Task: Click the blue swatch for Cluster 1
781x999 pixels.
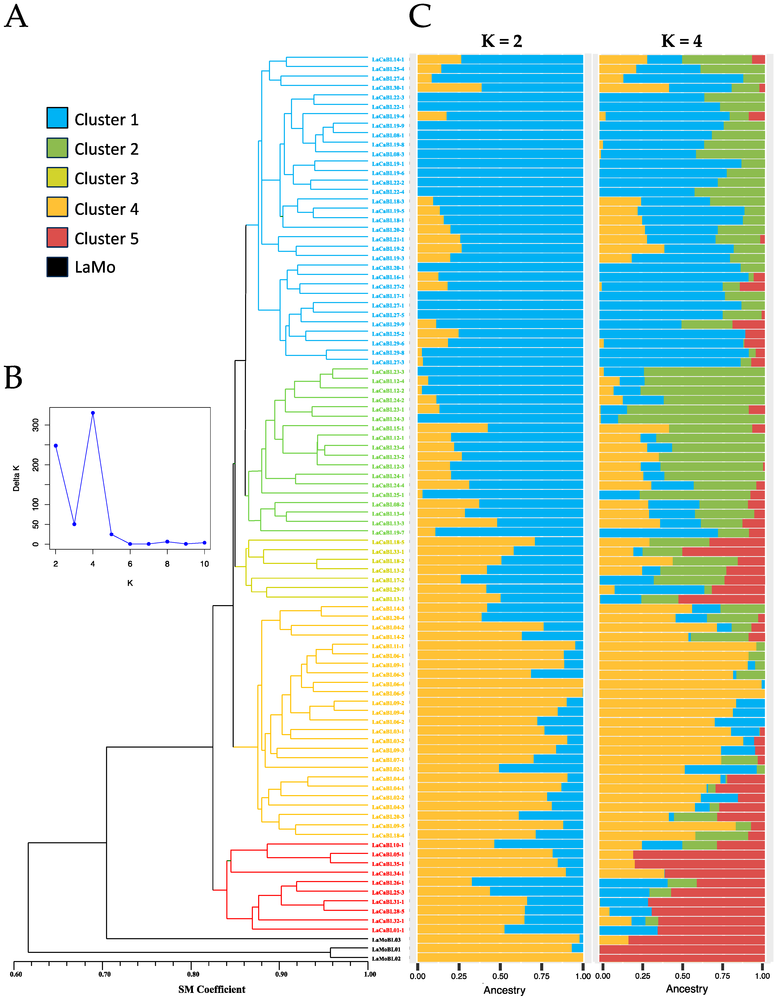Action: tap(57, 118)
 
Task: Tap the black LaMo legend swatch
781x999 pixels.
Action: tap(57, 267)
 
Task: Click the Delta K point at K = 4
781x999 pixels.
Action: tap(93, 413)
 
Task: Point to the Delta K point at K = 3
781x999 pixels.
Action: tap(74, 524)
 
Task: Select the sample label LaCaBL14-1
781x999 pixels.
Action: tap(388, 60)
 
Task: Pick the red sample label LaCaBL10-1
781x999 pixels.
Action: tap(388, 845)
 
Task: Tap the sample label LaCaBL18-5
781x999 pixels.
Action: tap(388, 542)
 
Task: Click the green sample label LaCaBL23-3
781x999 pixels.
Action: tap(388, 372)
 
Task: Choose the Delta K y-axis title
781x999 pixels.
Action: tap(17, 478)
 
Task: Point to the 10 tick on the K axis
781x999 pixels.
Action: tap(204, 564)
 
